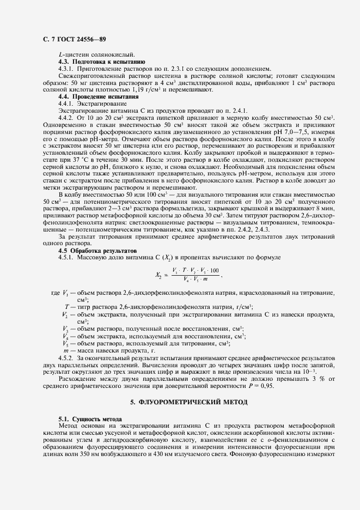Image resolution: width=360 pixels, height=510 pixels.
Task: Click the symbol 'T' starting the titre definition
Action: [66, 307]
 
